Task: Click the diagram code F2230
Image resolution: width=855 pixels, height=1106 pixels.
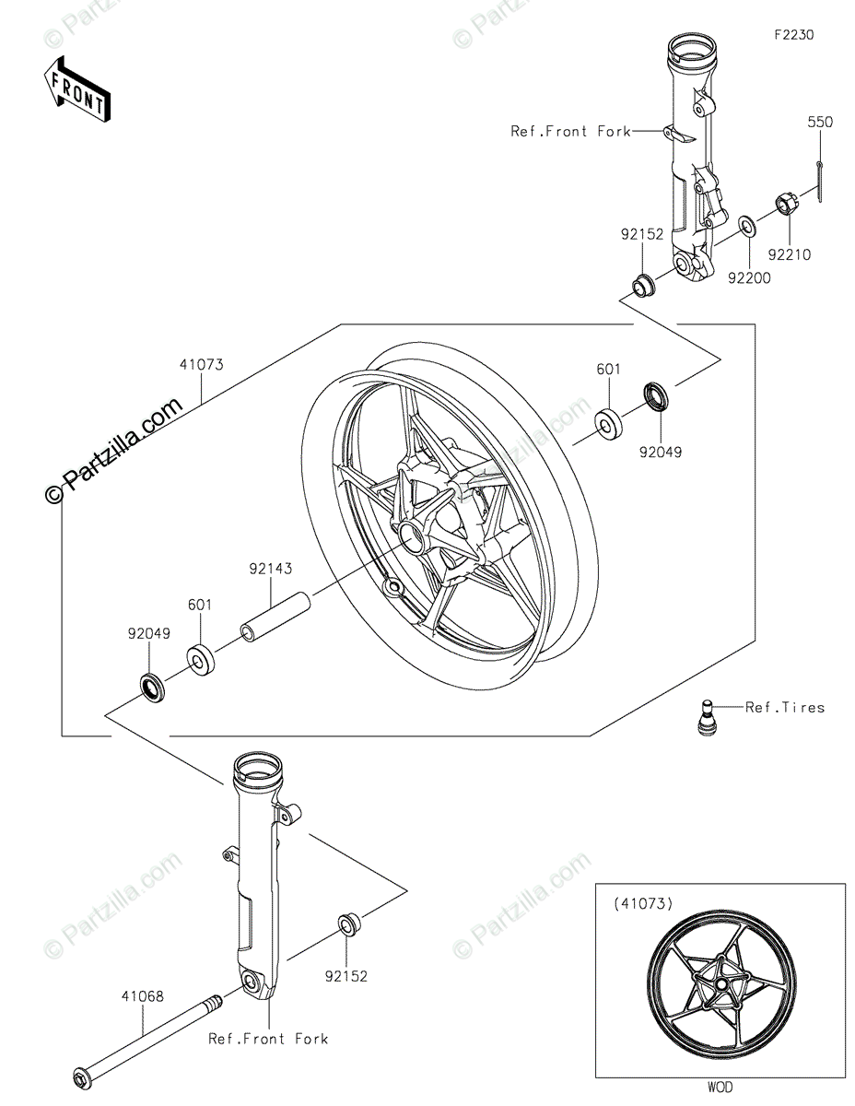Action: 793,36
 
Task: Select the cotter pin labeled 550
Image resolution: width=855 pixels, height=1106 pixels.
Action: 820,180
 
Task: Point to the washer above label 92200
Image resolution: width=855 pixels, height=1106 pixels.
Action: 746,224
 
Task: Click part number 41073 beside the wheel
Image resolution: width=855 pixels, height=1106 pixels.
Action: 202,365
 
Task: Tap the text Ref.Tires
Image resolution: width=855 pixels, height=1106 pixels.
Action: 785,708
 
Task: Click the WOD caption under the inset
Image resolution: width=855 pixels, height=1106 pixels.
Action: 721,1088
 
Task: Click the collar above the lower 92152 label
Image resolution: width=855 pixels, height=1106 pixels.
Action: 350,923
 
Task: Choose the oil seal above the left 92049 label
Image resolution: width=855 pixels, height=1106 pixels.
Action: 152,686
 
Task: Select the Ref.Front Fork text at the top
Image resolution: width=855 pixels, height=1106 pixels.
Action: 571,132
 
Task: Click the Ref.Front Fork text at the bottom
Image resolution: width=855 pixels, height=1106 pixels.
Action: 268,1039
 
